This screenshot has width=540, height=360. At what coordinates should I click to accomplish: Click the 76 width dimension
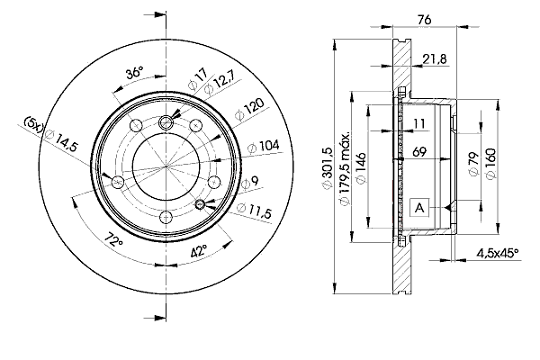(x=424, y=20)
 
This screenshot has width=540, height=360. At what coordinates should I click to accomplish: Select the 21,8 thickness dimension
(x=435, y=59)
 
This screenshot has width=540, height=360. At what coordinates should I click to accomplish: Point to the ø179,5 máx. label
(x=345, y=167)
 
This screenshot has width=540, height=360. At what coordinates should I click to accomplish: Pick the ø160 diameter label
(x=490, y=163)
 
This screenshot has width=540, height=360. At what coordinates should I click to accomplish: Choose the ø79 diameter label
(x=474, y=164)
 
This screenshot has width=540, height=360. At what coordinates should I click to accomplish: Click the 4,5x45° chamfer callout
(x=498, y=253)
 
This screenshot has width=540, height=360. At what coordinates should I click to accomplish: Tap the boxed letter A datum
(x=419, y=208)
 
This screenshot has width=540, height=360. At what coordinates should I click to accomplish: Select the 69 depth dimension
(x=419, y=151)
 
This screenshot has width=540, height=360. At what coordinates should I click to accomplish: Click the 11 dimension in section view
(x=419, y=123)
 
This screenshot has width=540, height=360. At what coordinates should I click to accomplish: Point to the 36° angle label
(x=134, y=73)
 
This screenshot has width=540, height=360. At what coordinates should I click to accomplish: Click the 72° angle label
(x=114, y=239)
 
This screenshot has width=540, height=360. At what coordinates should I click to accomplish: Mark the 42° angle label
(x=199, y=251)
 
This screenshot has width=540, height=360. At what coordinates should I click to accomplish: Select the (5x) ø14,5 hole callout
(x=50, y=134)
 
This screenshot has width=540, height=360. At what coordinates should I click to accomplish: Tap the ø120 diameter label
(x=249, y=109)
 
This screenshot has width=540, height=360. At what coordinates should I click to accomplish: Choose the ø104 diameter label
(x=264, y=146)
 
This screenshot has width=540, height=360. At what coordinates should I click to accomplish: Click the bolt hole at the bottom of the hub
(x=166, y=218)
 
